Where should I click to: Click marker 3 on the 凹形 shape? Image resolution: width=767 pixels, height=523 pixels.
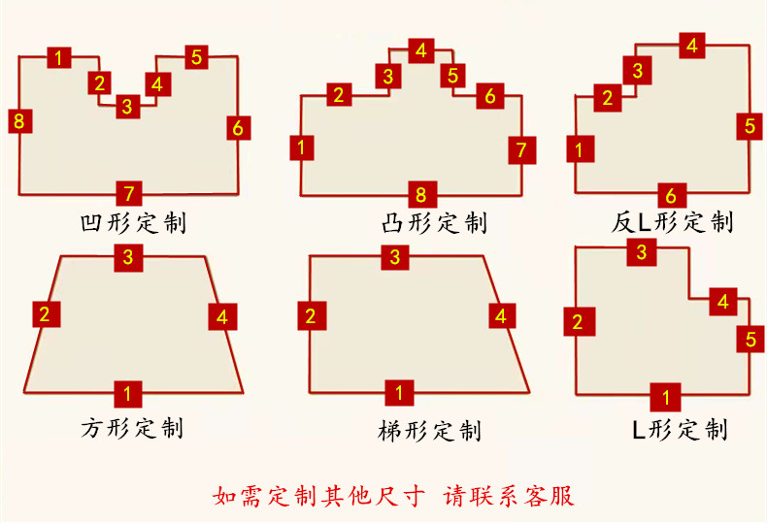[127, 106]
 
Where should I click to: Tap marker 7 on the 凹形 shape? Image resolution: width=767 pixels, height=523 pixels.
[129, 193]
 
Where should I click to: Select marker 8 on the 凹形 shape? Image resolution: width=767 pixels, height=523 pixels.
[20, 120]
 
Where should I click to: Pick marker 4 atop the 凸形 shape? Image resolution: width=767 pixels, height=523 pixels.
[421, 50]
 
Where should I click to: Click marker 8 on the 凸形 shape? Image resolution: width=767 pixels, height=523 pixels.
[422, 194]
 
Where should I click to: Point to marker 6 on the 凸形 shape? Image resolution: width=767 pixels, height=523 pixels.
[490, 96]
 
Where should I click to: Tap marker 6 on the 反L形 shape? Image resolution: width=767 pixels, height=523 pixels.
[672, 195]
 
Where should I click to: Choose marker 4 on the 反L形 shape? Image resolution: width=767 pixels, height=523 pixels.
[691, 46]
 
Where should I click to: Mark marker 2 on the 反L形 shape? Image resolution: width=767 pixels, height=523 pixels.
[608, 98]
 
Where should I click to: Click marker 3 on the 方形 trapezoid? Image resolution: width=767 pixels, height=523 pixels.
[128, 257]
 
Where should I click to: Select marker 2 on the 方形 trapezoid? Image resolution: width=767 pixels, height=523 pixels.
[47, 314]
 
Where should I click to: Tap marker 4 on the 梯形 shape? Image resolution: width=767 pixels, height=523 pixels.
[502, 315]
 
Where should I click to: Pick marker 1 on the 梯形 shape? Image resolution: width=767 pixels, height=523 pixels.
[399, 393]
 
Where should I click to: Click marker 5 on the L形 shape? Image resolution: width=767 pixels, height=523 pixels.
[750, 339]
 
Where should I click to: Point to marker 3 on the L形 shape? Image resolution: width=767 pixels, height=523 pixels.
[642, 252]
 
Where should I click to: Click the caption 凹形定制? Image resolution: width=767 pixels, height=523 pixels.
[134, 223]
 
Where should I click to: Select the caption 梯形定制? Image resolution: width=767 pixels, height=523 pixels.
[430, 431]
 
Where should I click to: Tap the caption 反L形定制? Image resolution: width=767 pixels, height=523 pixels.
[672, 222]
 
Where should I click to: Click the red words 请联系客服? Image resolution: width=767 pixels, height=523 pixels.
[509, 496]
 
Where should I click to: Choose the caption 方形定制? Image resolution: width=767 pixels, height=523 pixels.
[132, 428]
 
